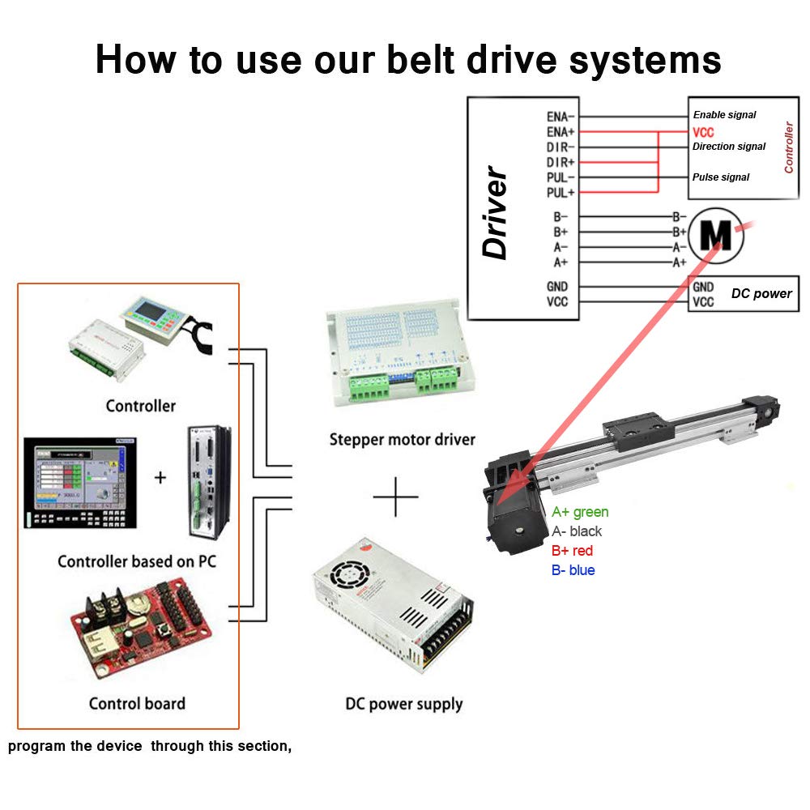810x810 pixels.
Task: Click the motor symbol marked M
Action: click(x=715, y=232)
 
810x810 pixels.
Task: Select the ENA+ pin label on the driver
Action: click(x=561, y=131)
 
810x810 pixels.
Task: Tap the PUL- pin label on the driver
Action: click(x=561, y=177)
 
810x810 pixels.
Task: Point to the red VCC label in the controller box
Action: click(x=703, y=132)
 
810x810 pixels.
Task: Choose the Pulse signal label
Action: click(x=720, y=177)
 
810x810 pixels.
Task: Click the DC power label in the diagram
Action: click(x=761, y=293)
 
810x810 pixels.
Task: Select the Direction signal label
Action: click(x=728, y=147)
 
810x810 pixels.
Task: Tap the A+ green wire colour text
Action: click(x=580, y=512)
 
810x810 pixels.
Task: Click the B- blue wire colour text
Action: click(x=573, y=570)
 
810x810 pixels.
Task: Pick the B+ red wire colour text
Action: click(x=572, y=551)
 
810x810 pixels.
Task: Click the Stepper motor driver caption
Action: click(x=402, y=440)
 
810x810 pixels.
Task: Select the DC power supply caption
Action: click(x=404, y=704)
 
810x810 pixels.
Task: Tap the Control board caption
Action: click(x=137, y=703)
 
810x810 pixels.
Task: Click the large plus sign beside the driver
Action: click(x=395, y=496)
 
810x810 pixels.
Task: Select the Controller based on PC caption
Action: click(x=137, y=561)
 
